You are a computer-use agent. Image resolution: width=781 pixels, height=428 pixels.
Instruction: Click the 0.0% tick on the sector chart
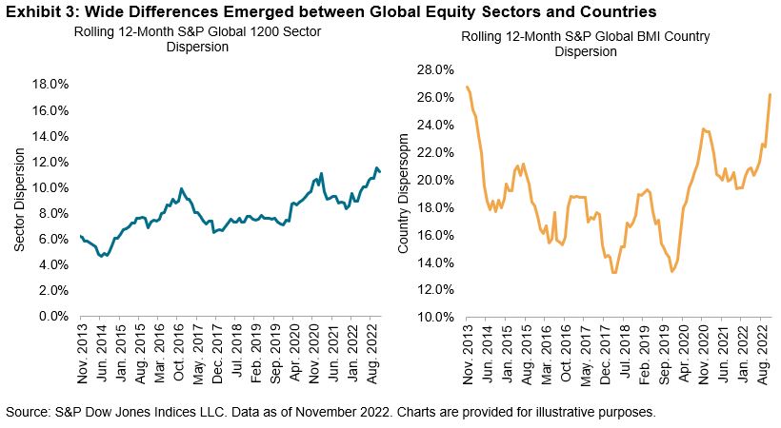coord(52,317)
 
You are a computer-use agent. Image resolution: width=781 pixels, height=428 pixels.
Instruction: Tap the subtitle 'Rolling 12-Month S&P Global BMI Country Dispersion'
coord(580,44)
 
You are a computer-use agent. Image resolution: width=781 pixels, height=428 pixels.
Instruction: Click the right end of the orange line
coord(770,94)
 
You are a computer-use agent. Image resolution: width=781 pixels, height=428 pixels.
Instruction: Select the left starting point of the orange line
coord(468,87)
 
